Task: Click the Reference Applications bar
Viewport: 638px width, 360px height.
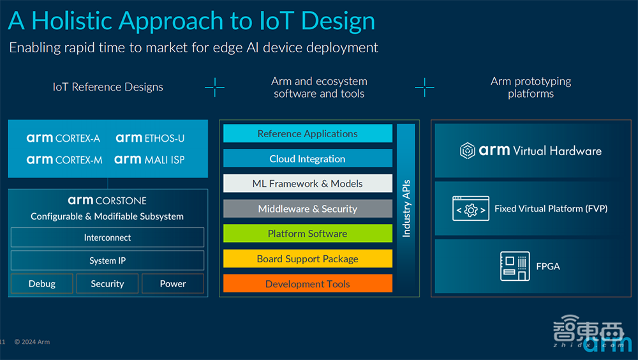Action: coord(308,133)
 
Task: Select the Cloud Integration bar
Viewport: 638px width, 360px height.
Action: coord(308,158)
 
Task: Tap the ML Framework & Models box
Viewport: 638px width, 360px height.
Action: coord(308,184)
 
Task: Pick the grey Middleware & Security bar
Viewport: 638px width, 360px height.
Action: coord(308,209)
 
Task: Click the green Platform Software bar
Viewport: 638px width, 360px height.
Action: coord(308,234)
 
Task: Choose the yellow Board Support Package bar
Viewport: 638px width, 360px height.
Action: coord(308,259)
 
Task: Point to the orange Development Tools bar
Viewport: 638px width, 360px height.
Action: coord(308,284)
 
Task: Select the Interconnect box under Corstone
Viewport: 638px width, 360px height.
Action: coord(107,237)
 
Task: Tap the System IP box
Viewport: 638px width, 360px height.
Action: coord(107,260)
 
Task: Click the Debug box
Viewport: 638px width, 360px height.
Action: coord(42,283)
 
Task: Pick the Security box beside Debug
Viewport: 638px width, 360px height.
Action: coord(107,283)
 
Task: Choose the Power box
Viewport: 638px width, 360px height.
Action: coord(173,283)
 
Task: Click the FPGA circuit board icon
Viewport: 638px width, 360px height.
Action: coord(514,266)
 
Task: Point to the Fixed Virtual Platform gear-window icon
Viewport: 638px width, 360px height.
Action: coord(471,209)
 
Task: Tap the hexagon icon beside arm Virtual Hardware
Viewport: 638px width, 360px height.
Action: coord(467,151)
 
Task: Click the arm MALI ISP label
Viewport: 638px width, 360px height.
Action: coord(149,160)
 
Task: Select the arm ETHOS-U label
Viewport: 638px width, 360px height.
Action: coord(150,138)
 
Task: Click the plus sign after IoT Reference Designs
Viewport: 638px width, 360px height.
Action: coord(214,87)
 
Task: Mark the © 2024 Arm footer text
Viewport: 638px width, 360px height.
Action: coord(32,342)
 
